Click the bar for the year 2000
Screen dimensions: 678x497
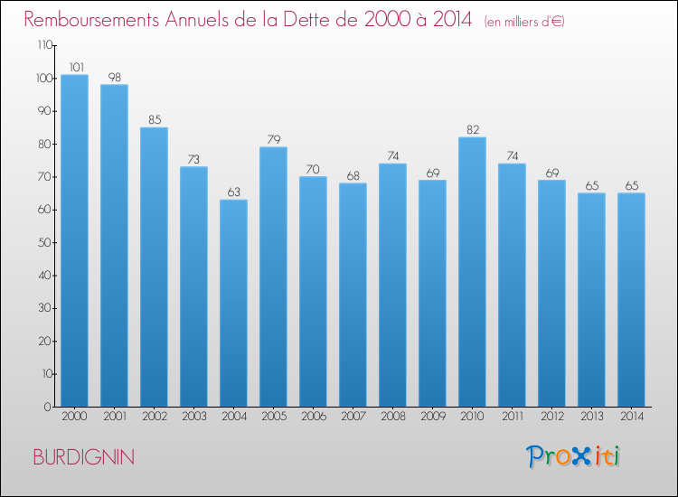point(74,240)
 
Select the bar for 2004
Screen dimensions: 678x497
point(233,303)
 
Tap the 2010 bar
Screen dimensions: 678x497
point(472,272)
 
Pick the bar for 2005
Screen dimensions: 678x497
point(273,277)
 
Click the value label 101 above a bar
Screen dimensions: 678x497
point(77,67)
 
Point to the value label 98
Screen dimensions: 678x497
point(115,78)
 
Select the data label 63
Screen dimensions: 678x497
point(234,192)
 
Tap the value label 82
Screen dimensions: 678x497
point(473,129)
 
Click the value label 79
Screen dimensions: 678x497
point(274,139)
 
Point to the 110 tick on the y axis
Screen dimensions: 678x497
point(45,45)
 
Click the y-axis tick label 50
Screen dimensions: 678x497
point(45,242)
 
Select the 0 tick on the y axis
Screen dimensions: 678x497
point(48,407)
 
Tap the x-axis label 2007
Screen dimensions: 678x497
point(353,417)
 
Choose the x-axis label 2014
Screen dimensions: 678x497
point(632,417)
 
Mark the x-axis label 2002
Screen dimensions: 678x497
point(155,417)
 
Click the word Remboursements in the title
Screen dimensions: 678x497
point(91,20)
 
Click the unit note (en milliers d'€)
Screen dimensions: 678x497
point(524,22)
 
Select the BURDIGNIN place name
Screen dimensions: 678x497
point(84,457)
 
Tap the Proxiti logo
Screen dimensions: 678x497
point(573,456)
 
